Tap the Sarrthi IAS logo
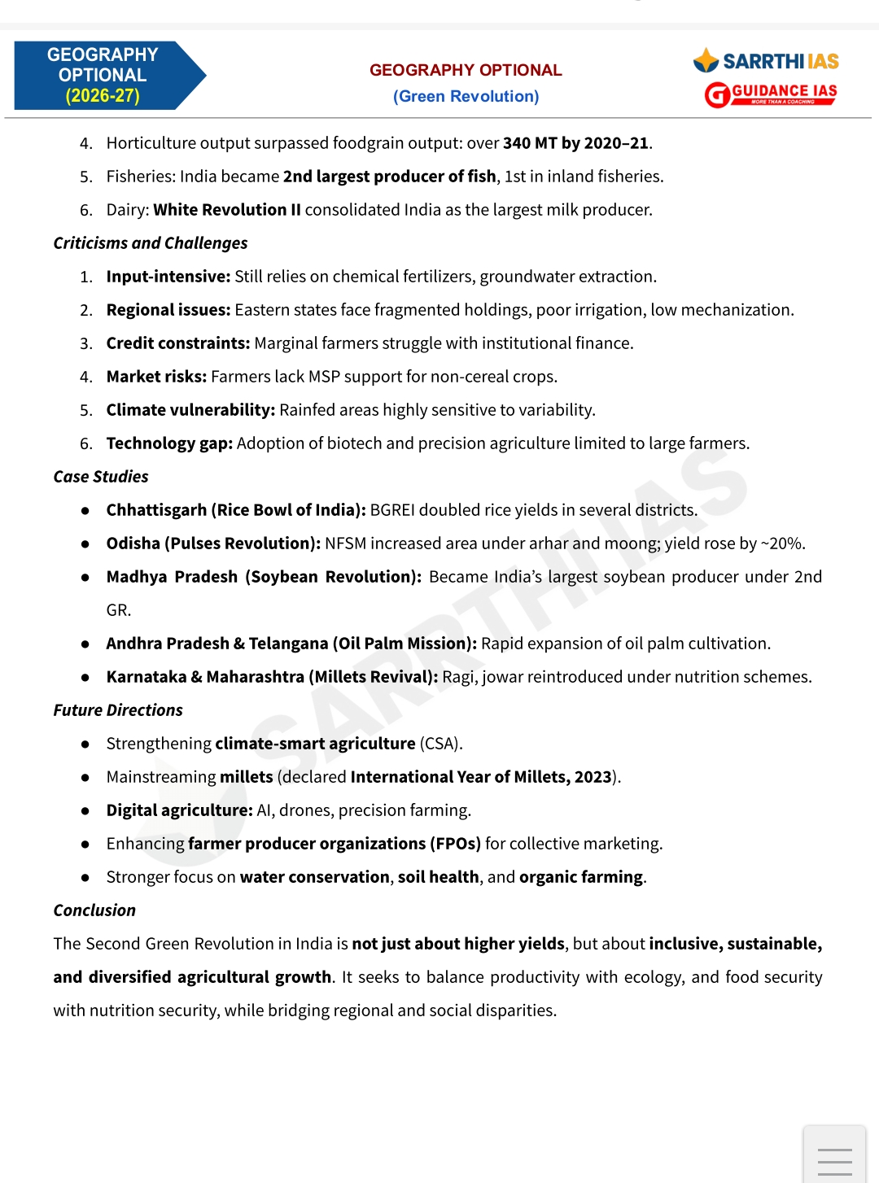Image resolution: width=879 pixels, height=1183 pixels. [766, 61]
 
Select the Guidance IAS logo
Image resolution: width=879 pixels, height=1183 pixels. [771, 94]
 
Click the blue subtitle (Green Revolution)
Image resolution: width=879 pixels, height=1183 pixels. [466, 96]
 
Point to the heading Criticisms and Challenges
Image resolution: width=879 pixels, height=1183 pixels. [151, 243]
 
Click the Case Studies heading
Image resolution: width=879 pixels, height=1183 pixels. [101, 477]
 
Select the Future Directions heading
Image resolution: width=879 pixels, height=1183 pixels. [118, 710]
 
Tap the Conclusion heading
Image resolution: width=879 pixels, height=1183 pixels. [94, 910]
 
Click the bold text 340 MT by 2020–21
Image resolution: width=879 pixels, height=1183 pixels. [575, 143]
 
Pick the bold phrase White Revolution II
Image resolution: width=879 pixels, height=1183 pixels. [227, 210]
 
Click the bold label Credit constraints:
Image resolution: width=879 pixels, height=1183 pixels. [177, 343]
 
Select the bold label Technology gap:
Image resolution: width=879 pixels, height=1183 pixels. [169, 443]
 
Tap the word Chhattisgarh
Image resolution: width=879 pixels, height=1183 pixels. [156, 510]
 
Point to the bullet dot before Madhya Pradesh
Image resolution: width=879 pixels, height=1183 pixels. [85, 578]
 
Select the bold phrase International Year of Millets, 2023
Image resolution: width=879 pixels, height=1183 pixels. [480, 777]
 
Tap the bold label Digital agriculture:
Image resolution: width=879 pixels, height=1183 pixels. [179, 810]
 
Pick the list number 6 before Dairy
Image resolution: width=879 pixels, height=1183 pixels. [85, 210]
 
